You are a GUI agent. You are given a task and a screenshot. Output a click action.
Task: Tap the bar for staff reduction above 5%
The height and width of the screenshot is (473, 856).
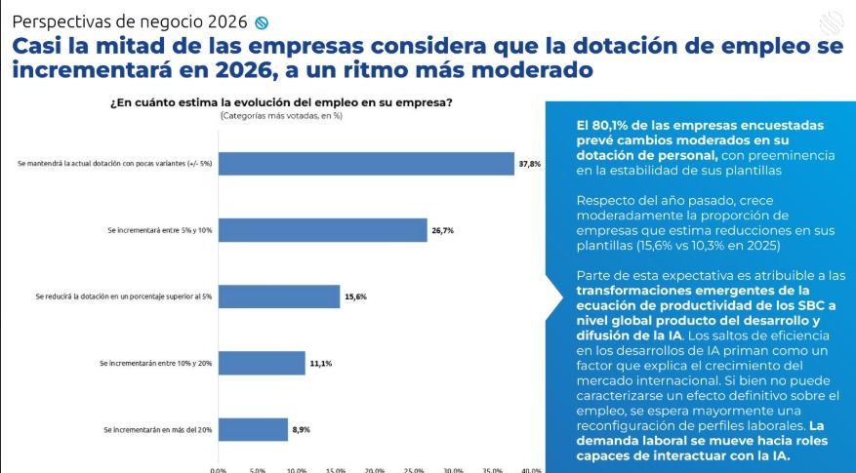pos(278,296)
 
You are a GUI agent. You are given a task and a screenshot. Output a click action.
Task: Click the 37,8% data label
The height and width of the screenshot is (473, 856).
pos(529,164)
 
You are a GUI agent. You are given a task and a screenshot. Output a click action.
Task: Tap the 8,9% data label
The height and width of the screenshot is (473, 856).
pos(302,429)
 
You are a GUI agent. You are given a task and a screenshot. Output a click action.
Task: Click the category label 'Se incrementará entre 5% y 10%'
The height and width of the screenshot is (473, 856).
pos(160,230)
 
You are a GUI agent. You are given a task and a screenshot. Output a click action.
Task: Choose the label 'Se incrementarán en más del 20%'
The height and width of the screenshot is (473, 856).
pos(157,429)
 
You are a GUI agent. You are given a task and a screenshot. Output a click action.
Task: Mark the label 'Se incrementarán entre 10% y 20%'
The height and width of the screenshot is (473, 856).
pos(156,363)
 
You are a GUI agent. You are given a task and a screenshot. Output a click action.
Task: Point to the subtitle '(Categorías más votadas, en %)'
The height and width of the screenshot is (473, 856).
pos(281,116)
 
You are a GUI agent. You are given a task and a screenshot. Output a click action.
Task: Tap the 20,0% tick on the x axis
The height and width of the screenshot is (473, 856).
pos(375,469)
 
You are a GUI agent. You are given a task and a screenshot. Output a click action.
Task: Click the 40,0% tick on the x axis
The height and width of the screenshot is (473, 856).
pos(531,469)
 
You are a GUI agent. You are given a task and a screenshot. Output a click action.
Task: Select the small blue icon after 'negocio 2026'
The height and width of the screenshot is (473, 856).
pos(260,22)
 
